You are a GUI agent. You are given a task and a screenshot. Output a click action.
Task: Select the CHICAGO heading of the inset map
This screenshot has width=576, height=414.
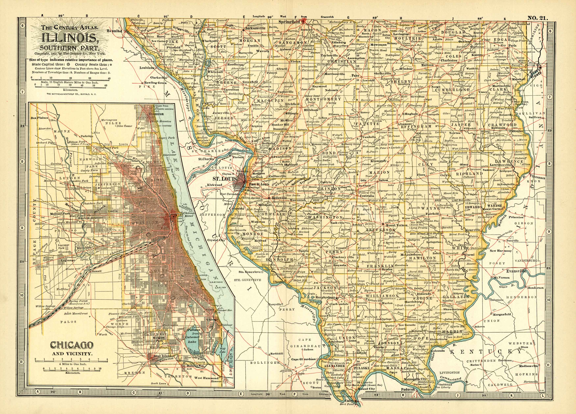(x=72, y=345)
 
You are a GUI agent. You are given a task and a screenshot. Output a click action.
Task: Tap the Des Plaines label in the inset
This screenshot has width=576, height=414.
(x=39, y=118)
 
